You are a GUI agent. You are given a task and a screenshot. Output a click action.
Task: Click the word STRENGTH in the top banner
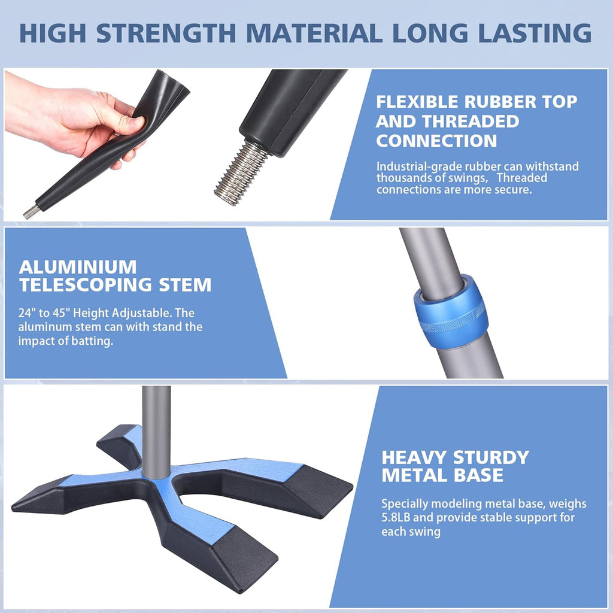coord(166,34)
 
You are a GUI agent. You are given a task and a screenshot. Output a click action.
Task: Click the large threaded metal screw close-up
coord(241,172)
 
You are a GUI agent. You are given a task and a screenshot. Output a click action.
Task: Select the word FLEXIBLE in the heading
coord(417,102)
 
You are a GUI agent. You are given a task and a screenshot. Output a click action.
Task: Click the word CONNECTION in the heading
coord(436,141)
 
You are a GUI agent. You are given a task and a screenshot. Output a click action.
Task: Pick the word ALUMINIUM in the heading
coord(78,268)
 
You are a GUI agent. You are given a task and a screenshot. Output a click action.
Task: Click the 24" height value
coord(26,312)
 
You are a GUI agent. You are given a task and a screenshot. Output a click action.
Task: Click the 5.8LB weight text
coord(396,518)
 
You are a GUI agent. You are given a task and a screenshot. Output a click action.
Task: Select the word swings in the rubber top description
coord(467,178)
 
